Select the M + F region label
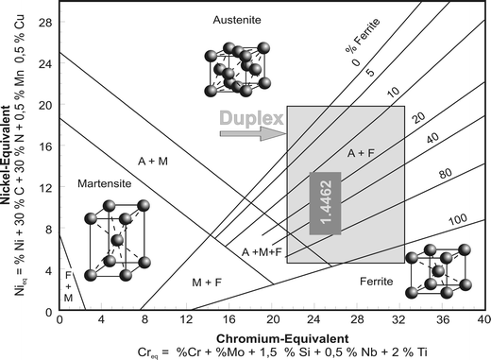pyautogui.click(x=208, y=282)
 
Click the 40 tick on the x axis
pyautogui.click(x=483, y=319)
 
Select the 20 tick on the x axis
pyautogui.click(x=272, y=319)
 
